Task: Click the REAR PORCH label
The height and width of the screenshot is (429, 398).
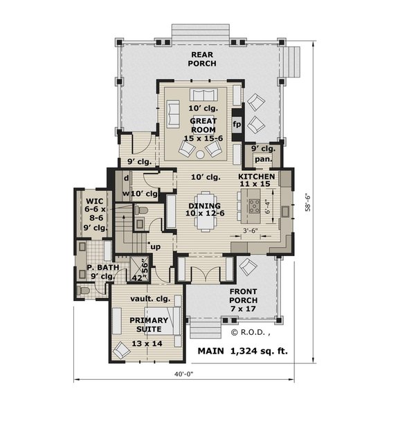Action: (202, 59)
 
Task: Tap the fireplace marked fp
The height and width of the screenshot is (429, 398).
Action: (237, 125)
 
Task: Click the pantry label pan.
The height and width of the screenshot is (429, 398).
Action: (264, 159)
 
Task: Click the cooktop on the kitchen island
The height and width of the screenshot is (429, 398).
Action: (254, 206)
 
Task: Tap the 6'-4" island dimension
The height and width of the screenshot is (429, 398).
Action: (268, 208)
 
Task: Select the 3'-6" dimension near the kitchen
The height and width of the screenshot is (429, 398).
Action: (251, 230)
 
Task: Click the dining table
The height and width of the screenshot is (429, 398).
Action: (206, 211)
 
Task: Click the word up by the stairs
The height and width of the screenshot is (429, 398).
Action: (156, 247)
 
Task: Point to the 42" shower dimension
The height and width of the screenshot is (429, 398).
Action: (138, 278)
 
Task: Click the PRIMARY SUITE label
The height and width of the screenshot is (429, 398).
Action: (149, 325)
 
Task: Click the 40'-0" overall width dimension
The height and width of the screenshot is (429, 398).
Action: (183, 374)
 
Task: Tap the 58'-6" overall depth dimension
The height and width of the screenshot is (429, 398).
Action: (307, 203)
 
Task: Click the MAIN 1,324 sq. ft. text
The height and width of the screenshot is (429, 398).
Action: (243, 351)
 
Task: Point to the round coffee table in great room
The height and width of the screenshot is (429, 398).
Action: (200, 154)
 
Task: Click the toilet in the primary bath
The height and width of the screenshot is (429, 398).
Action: (83, 291)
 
